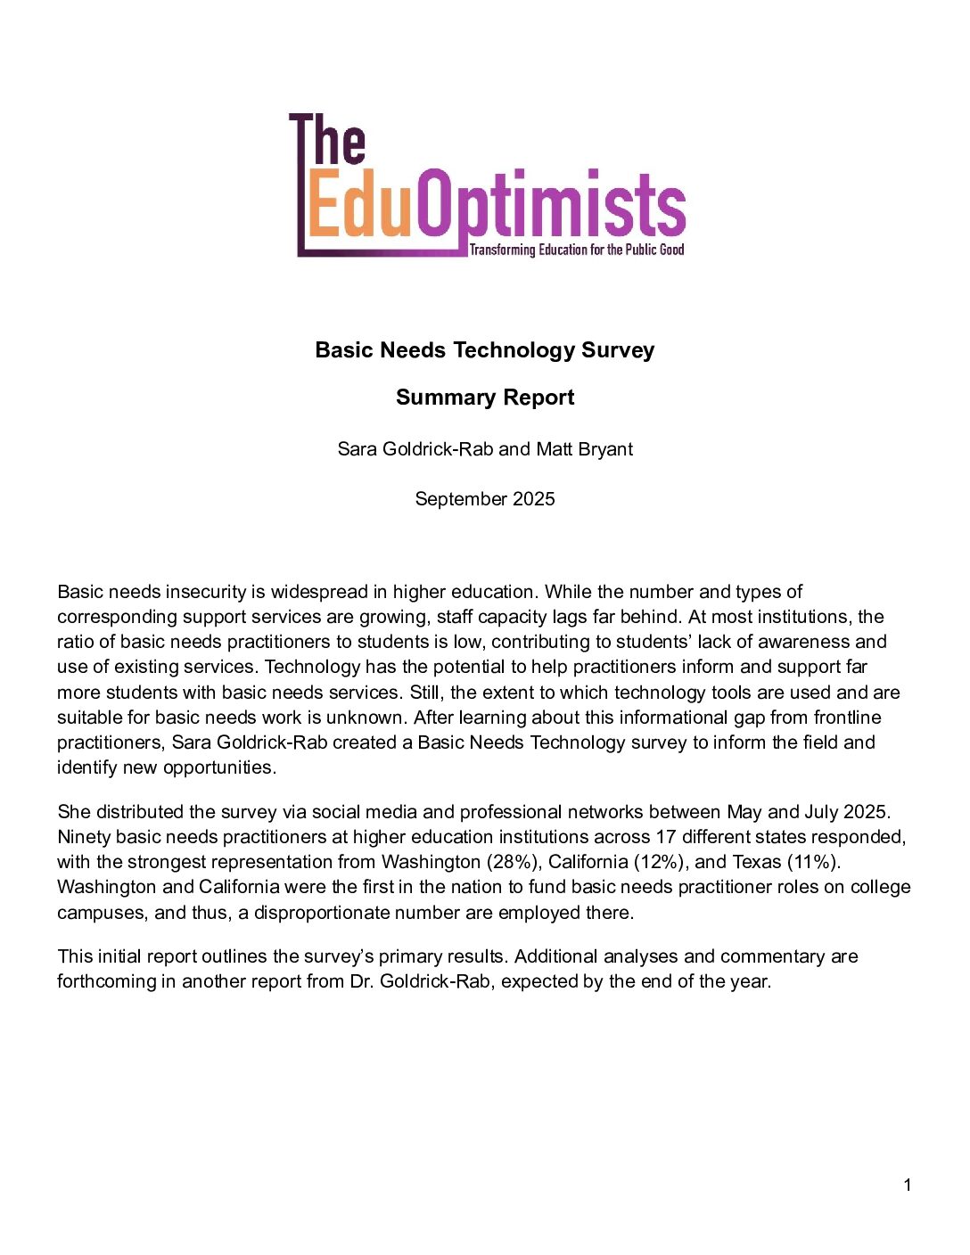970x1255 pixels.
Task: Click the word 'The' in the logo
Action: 328,140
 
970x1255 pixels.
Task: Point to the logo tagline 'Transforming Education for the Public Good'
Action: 577,250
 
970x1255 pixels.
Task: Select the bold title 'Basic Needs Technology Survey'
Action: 485,350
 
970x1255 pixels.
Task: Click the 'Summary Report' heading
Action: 485,398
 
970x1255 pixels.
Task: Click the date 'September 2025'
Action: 485,499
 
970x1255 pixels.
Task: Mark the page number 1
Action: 908,1185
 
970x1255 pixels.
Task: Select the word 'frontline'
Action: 847,718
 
